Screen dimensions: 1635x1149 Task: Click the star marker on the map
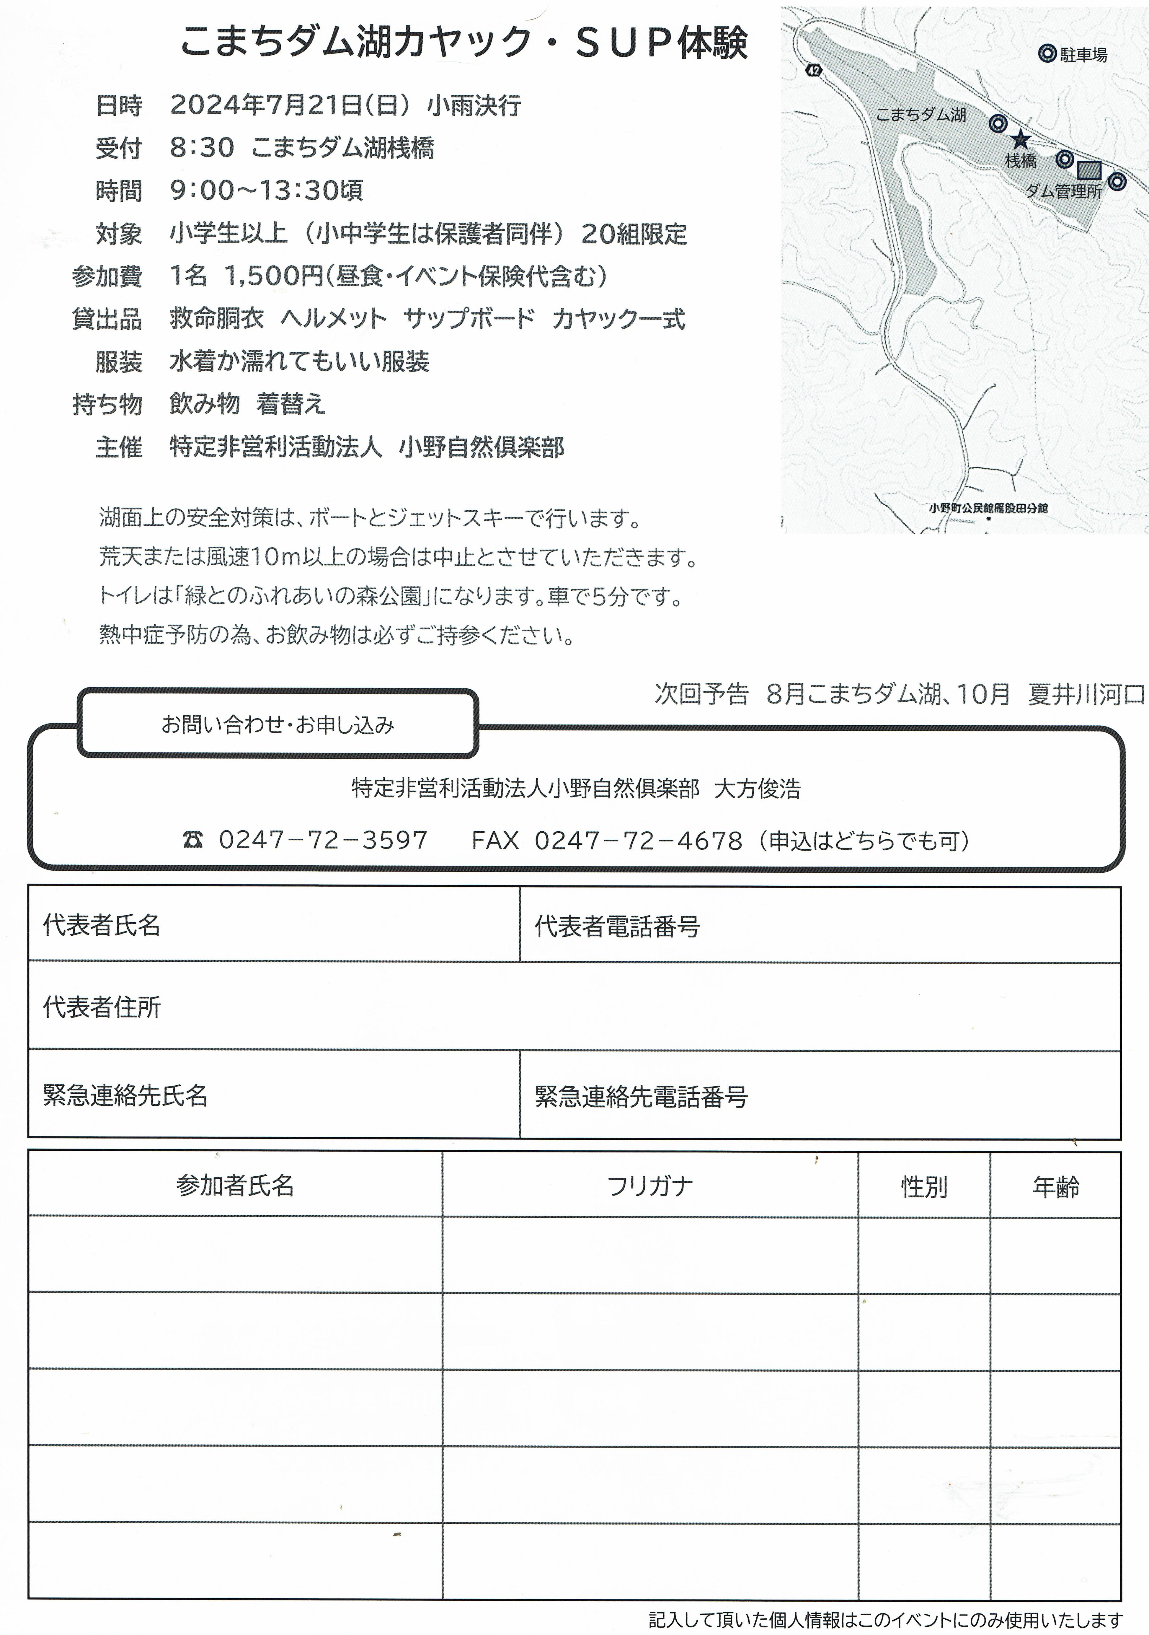[1021, 139]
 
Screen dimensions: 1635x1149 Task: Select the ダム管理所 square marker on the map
[1088, 170]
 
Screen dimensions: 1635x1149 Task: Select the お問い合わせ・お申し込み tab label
[278, 725]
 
